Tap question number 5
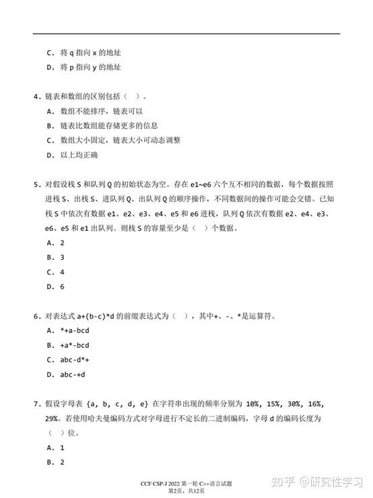(x=36, y=184)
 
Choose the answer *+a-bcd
(x=75, y=330)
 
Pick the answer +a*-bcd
(x=75, y=345)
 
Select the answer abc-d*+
(x=75, y=360)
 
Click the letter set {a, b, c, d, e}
(x=118, y=404)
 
